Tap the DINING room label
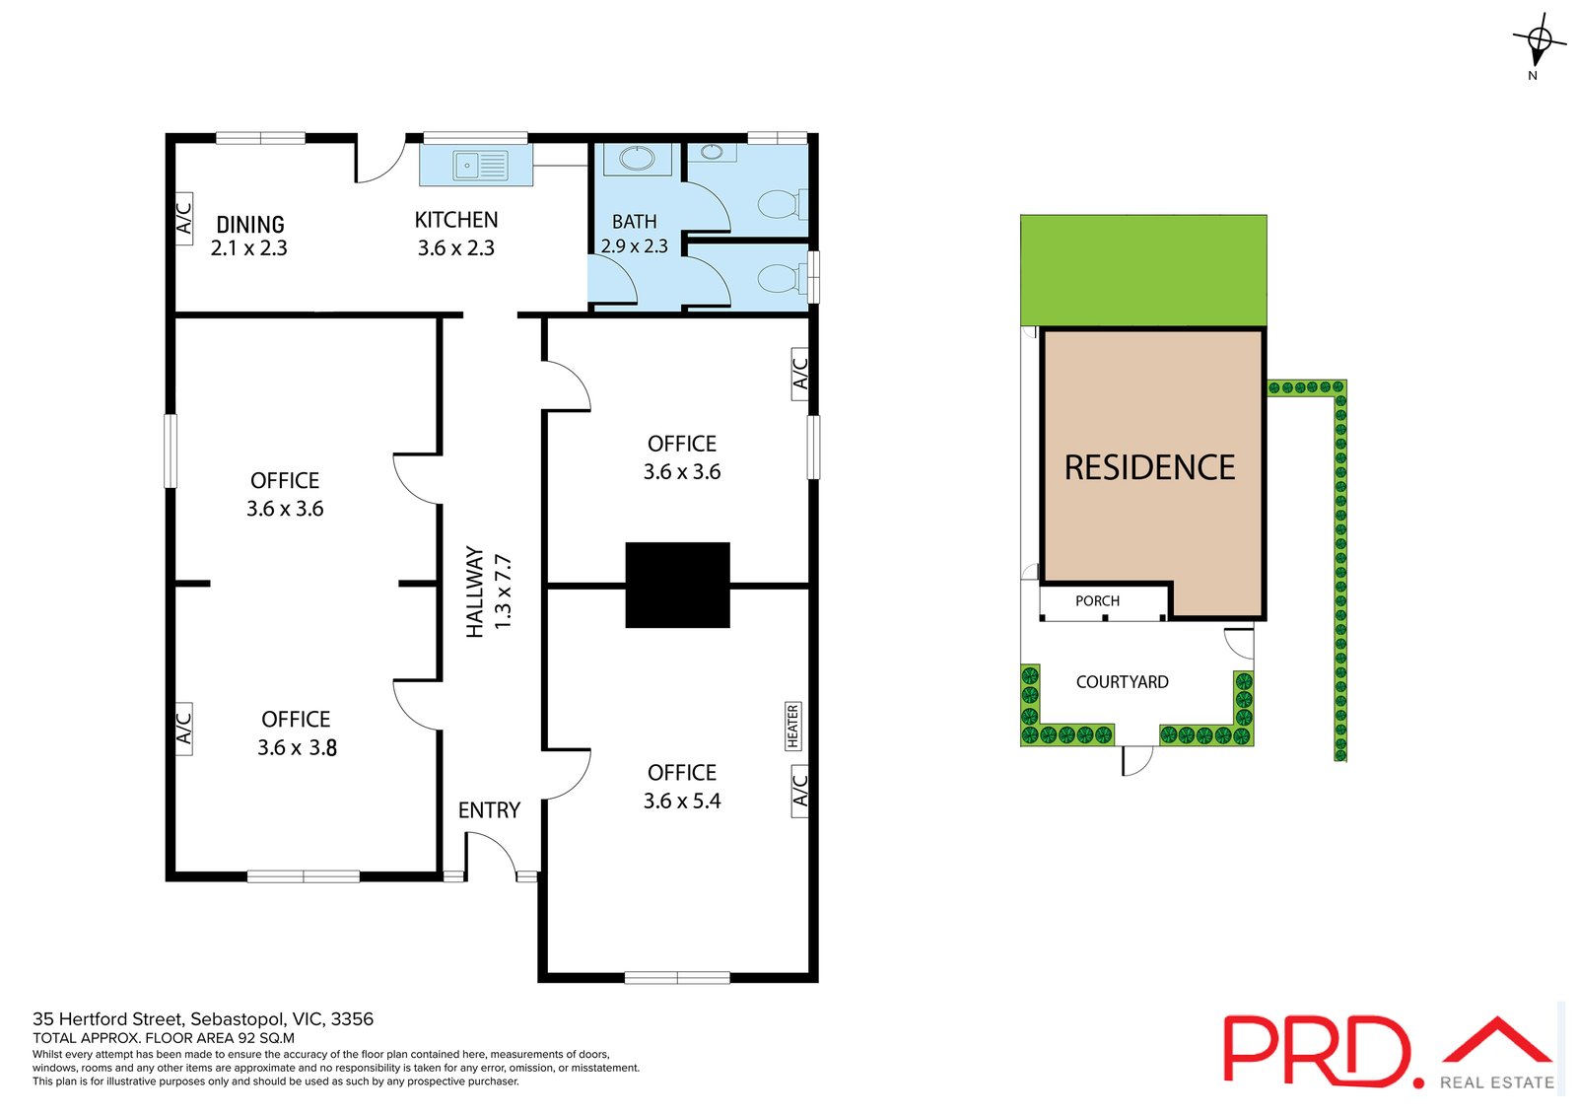(x=249, y=236)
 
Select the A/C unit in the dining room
(x=183, y=218)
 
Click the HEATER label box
(x=792, y=726)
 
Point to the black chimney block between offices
(x=677, y=585)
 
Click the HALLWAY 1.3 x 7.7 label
(x=489, y=592)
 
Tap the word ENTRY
(x=489, y=810)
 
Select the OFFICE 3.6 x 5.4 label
(x=681, y=787)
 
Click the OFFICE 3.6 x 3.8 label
(x=296, y=733)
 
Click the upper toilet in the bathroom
(x=778, y=205)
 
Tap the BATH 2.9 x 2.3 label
(x=634, y=234)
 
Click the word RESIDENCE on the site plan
(x=1149, y=467)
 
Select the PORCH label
(x=1097, y=601)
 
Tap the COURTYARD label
(x=1122, y=682)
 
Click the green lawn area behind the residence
(x=1143, y=269)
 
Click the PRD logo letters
(x=1316, y=1051)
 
